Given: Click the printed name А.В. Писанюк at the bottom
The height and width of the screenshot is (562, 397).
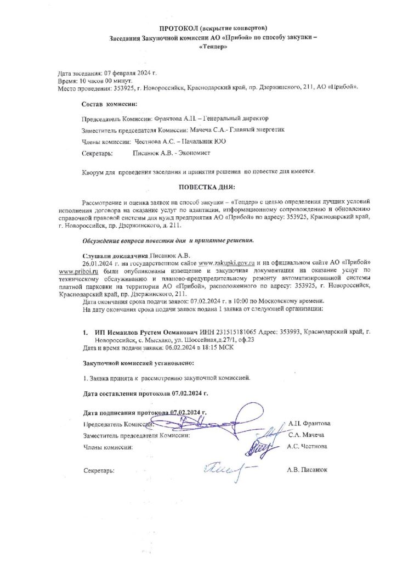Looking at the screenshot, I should (x=307, y=471).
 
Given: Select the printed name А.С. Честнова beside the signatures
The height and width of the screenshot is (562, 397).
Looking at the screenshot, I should (x=308, y=447).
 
